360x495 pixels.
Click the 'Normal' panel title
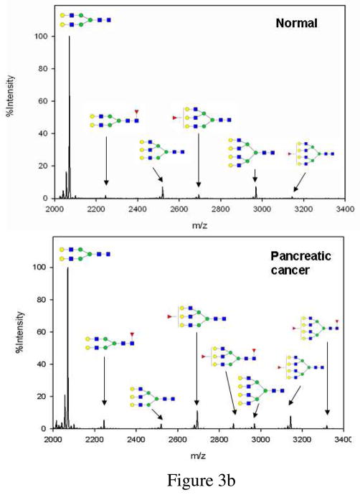pos(297,23)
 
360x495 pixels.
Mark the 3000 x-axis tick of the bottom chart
pos(260,440)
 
